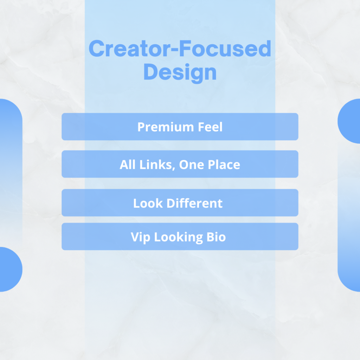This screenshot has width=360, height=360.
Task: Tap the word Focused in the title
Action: [x=225, y=48]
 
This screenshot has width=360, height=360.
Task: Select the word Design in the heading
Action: [x=180, y=72]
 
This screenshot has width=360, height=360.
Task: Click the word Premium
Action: [x=166, y=127]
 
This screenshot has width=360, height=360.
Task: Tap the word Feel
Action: [x=210, y=127]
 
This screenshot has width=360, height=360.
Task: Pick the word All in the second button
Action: [x=127, y=165]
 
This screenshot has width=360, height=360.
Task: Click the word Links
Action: [x=156, y=165]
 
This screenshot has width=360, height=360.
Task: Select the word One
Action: [x=192, y=165]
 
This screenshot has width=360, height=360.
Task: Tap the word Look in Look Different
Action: [x=148, y=204]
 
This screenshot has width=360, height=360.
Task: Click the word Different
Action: [x=194, y=203]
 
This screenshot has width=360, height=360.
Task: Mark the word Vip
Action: [x=140, y=237]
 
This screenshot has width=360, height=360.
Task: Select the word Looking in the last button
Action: [x=178, y=237]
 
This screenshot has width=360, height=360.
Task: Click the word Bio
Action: [x=216, y=237]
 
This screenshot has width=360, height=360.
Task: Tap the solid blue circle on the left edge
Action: [x=11, y=269]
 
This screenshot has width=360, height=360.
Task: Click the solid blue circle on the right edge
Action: [x=349, y=121]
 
